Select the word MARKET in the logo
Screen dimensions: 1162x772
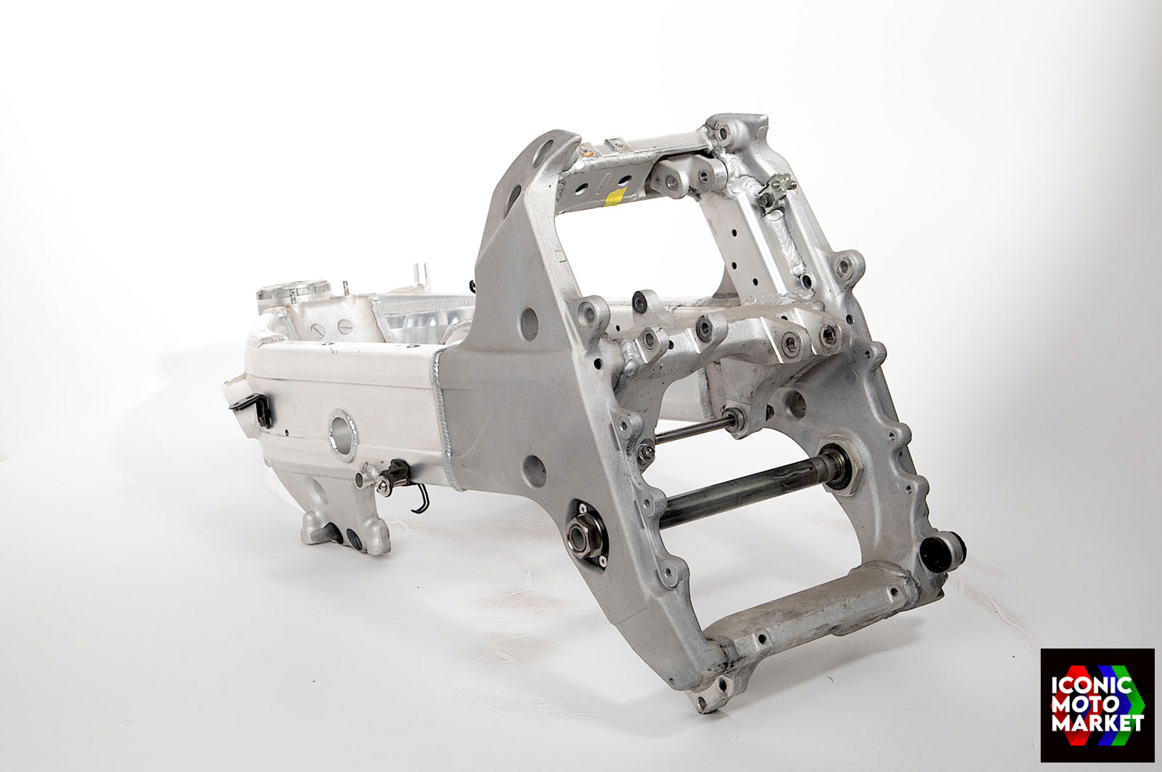pos(1097,723)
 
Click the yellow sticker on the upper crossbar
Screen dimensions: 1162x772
pos(615,197)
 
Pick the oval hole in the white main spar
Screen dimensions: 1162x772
pos(343,436)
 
